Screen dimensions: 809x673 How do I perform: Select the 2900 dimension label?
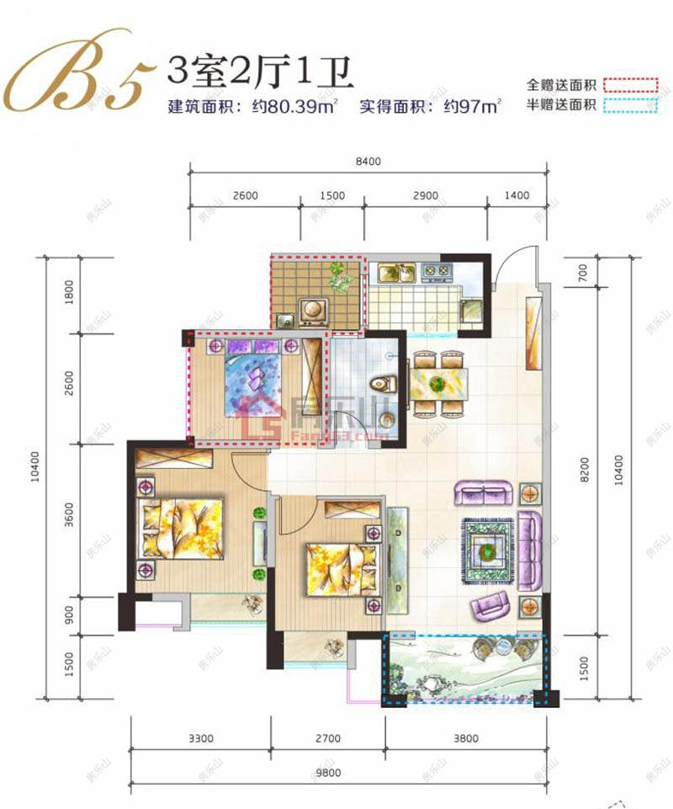(x=426, y=196)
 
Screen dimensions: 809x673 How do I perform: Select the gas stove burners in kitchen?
(x=437, y=272)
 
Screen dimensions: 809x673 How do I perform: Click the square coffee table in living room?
(x=486, y=550)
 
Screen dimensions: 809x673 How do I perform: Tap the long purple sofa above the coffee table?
(x=485, y=492)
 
